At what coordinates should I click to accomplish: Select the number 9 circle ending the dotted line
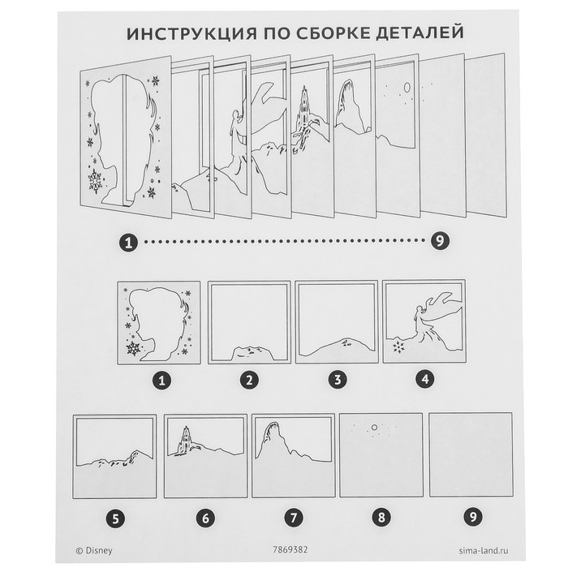(x=439, y=241)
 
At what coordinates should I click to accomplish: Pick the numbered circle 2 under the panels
(x=249, y=378)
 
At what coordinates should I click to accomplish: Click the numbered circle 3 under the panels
(x=336, y=378)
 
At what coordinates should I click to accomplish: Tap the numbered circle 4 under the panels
(x=423, y=378)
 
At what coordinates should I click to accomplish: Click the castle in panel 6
(x=184, y=441)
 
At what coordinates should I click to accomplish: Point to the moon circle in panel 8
(x=374, y=426)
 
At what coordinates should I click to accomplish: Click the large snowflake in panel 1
(x=131, y=346)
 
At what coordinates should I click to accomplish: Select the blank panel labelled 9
(x=468, y=455)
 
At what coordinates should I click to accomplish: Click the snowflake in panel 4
(x=399, y=347)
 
